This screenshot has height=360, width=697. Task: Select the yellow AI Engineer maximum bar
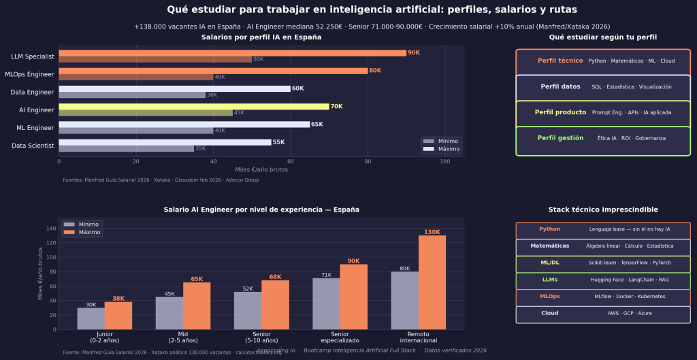coord(193,106)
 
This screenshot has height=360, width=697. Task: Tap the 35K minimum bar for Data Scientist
coord(126,148)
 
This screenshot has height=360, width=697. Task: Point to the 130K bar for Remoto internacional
coord(432,282)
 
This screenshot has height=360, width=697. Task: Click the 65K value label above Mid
coord(197,279)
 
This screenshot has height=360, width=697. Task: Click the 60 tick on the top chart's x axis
coord(291,161)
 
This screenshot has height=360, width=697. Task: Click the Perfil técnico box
coord(603,61)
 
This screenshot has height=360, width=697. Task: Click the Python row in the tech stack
coord(603,229)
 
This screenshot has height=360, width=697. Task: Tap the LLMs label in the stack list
coord(549,280)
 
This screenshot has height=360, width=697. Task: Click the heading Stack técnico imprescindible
coord(603,210)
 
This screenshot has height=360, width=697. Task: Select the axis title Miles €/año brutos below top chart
coord(261,169)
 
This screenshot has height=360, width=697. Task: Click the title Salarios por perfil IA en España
coord(261,37)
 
